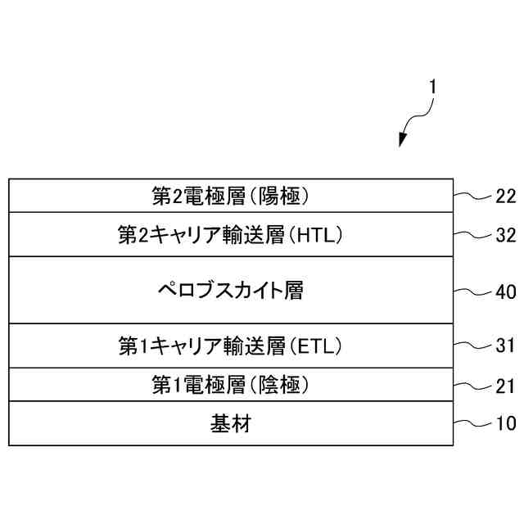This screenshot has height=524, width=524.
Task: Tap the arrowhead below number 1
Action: (x=402, y=141)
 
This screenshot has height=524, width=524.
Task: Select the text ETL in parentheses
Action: (x=315, y=347)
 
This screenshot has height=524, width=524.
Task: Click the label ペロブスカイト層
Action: (x=230, y=291)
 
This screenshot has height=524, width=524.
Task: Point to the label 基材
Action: (x=230, y=424)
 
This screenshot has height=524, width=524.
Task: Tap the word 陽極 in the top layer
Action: (x=282, y=196)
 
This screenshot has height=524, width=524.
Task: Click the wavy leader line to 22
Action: (x=472, y=196)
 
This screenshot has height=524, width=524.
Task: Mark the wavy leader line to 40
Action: (x=472, y=291)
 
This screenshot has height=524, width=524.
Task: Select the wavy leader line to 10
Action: (x=472, y=423)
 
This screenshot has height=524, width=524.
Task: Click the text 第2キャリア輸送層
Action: (x=201, y=236)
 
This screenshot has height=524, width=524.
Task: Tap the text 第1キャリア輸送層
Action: (x=201, y=347)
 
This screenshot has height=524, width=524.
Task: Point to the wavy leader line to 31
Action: (x=472, y=346)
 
